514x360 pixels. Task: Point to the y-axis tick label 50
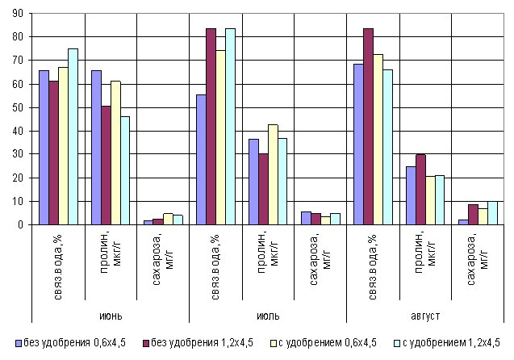point(17,107)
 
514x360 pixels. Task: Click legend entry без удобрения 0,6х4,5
point(73,342)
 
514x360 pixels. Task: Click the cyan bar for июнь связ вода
point(73,136)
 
